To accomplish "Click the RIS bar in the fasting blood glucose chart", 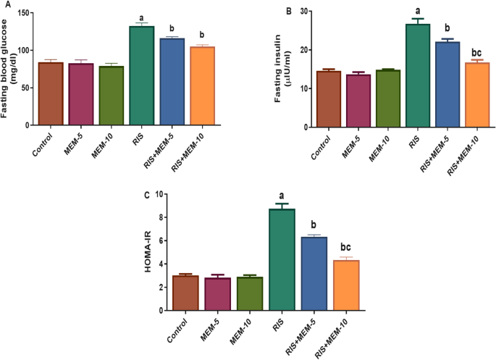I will click(141, 75).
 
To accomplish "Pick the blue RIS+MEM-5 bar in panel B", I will click(447, 84).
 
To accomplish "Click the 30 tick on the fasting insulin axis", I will click(304, 12).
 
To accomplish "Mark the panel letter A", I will click(4, 5).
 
